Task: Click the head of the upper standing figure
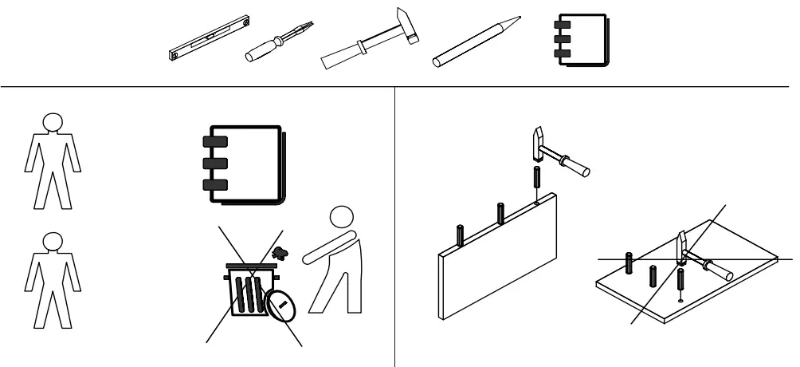point(52,122)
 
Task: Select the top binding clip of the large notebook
point(215,143)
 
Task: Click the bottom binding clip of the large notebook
point(215,185)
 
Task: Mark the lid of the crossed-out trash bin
point(251,266)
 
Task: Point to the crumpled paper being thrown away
point(279,253)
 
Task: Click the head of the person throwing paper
point(342,218)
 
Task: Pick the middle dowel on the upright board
point(500,214)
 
